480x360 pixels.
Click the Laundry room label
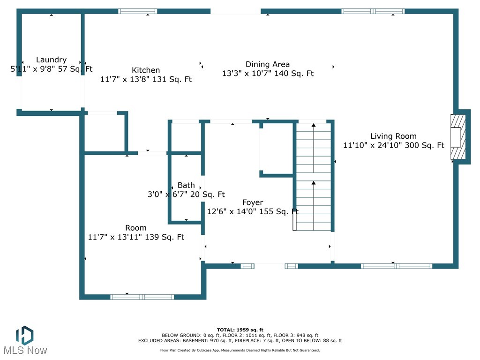pos(52,60)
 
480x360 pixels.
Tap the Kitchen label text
pos(146,70)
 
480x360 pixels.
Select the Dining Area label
pos(268,64)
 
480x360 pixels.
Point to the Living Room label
pos(393,136)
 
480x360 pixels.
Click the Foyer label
pos(253,202)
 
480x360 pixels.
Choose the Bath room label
pos(186,185)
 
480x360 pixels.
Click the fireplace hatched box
pos(458,136)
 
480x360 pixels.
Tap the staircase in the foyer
pos(314,177)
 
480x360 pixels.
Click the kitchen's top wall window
pos(138,11)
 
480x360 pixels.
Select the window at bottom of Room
pos(142,297)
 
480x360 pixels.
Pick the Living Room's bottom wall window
pos(397,266)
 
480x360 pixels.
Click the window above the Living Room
pos(373,11)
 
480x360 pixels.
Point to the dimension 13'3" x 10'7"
pos(247,74)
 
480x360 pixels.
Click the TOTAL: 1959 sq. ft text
pos(240,330)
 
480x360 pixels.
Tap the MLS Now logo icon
pos(25,335)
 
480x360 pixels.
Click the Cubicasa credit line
pos(240,350)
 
